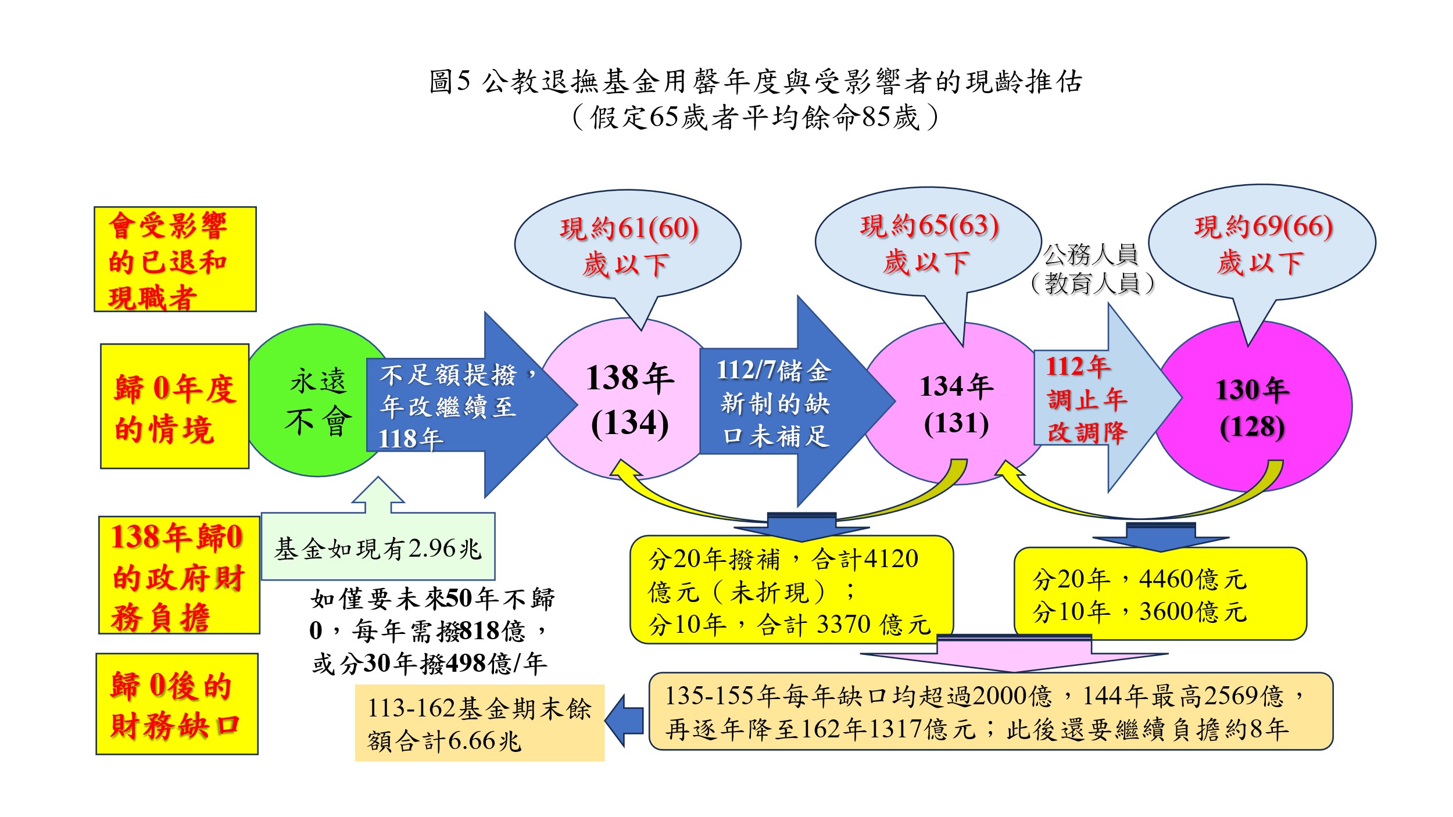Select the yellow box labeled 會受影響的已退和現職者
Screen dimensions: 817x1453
point(175,259)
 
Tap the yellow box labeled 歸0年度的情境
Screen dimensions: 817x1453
point(174,406)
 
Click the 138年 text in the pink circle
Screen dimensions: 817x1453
point(629,378)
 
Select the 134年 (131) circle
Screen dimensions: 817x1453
point(956,404)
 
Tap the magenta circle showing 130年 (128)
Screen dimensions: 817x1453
point(1252,407)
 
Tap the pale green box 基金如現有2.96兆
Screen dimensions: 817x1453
point(378,547)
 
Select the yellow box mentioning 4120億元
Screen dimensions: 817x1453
point(790,590)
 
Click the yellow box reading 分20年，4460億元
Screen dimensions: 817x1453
point(1159,594)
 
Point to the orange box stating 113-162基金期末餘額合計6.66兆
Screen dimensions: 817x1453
point(479,723)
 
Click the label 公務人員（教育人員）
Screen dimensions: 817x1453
point(1091,268)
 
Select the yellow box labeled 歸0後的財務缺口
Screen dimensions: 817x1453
point(177,704)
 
